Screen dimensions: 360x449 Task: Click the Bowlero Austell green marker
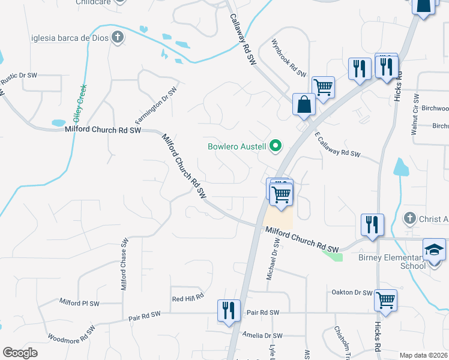(x=276, y=146)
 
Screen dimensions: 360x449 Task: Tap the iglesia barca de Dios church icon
(x=118, y=38)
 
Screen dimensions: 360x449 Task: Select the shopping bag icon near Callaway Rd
(x=304, y=104)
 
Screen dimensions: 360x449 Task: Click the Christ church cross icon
(x=410, y=218)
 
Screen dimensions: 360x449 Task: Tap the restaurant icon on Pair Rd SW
(x=229, y=310)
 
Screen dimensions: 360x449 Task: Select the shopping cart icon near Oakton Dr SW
(x=385, y=300)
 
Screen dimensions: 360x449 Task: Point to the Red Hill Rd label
(x=188, y=298)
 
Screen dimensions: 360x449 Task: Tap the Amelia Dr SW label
(x=261, y=335)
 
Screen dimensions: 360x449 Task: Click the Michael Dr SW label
(x=277, y=259)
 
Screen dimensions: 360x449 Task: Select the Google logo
(x=20, y=353)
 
